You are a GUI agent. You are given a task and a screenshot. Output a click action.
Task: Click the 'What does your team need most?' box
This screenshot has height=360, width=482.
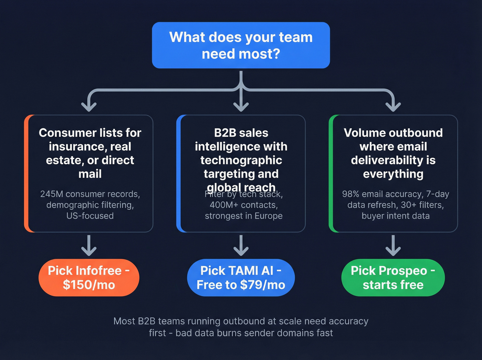click(x=241, y=45)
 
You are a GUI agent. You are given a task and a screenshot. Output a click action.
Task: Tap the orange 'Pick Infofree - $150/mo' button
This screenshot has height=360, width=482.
click(x=89, y=278)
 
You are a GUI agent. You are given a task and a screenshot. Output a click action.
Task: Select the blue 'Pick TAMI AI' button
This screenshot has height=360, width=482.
click(x=241, y=278)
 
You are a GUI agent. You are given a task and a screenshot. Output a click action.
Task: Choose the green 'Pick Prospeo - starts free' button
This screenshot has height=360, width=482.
click(x=393, y=278)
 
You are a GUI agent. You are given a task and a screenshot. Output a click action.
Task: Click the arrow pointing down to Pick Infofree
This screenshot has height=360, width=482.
click(x=89, y=245)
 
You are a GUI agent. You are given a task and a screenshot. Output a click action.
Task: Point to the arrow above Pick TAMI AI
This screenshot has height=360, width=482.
click(x=241, y=245)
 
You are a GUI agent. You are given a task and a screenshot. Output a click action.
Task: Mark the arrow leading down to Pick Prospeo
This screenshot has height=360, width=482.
click(x=393, y=245)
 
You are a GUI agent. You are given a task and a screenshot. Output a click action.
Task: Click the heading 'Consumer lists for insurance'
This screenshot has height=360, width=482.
click(x=90, y=133)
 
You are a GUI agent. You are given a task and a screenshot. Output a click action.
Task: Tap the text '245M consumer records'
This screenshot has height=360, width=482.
click(x=90, y=194)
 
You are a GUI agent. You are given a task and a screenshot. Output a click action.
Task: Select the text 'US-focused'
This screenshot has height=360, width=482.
click(x=90, y=216)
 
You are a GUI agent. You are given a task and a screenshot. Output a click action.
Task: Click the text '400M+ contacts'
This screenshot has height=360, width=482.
click(x=243, y=205)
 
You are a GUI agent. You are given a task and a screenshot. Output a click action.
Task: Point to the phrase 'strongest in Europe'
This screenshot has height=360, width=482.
click(x=243, y=216)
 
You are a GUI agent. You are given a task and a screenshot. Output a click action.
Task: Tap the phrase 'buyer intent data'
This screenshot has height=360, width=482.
click(x=396, y=216)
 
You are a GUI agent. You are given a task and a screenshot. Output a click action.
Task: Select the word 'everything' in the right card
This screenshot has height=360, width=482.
click(x=393, y=174)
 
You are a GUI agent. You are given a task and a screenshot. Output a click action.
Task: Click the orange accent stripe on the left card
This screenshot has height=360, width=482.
click(x=26, y=174)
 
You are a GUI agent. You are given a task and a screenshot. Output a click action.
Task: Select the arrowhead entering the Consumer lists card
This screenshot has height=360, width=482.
click(x=89, y=106)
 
